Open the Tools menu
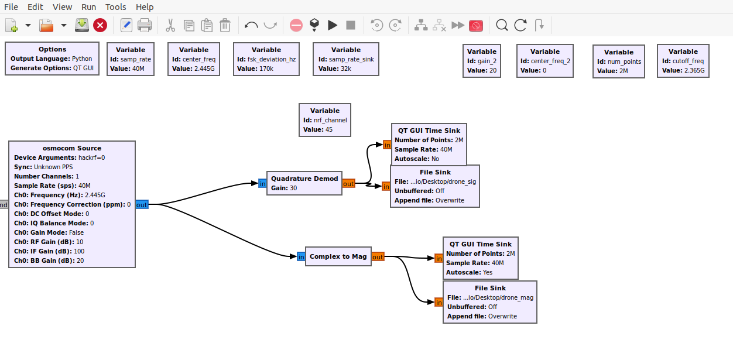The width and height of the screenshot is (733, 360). (115, 7)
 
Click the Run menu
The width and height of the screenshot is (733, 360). (88, 7)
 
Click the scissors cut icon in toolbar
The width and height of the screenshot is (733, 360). (170, 25)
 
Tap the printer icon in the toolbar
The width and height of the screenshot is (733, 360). (144, 25)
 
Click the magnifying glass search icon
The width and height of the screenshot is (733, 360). (502, 25)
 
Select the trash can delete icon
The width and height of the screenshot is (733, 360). (225, 25)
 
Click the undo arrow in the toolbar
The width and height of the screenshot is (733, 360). (251, 25)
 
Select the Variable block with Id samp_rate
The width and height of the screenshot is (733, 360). (131, 59)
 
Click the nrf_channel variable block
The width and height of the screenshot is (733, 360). (325, 120)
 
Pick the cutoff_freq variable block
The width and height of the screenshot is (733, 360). (683, 61)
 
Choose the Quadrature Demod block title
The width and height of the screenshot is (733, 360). (304, 179)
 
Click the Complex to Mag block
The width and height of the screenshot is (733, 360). (338, 256)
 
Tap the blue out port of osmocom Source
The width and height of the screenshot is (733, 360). (142, 205)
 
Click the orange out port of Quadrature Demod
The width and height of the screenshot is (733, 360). (348, 184)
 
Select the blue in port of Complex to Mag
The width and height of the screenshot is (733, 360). (301, 257)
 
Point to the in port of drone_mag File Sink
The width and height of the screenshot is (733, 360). (439, 303)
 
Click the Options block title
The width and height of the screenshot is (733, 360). (52, 49)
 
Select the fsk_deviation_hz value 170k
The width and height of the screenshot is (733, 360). (266, 68)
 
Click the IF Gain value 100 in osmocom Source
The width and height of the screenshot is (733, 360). (79, 251)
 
